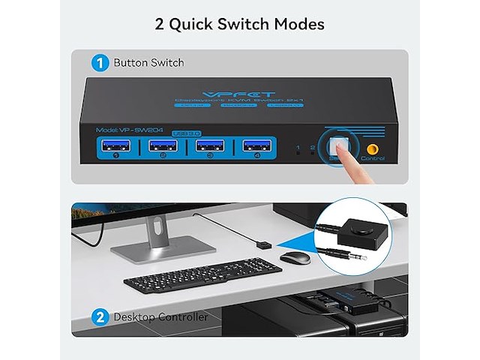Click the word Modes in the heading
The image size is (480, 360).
click(x=295, y=24)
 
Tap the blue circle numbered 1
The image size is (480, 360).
click(x=100, y=63)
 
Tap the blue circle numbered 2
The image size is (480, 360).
click(x=100, y=316)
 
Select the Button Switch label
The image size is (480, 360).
click(x=148, y=63)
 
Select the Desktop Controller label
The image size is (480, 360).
click(x=160, y=316)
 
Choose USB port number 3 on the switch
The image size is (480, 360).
click(x=210, y=146)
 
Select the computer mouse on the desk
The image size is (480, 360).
click(x=295, y=257)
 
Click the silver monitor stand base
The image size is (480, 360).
click(x=163, y=247)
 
